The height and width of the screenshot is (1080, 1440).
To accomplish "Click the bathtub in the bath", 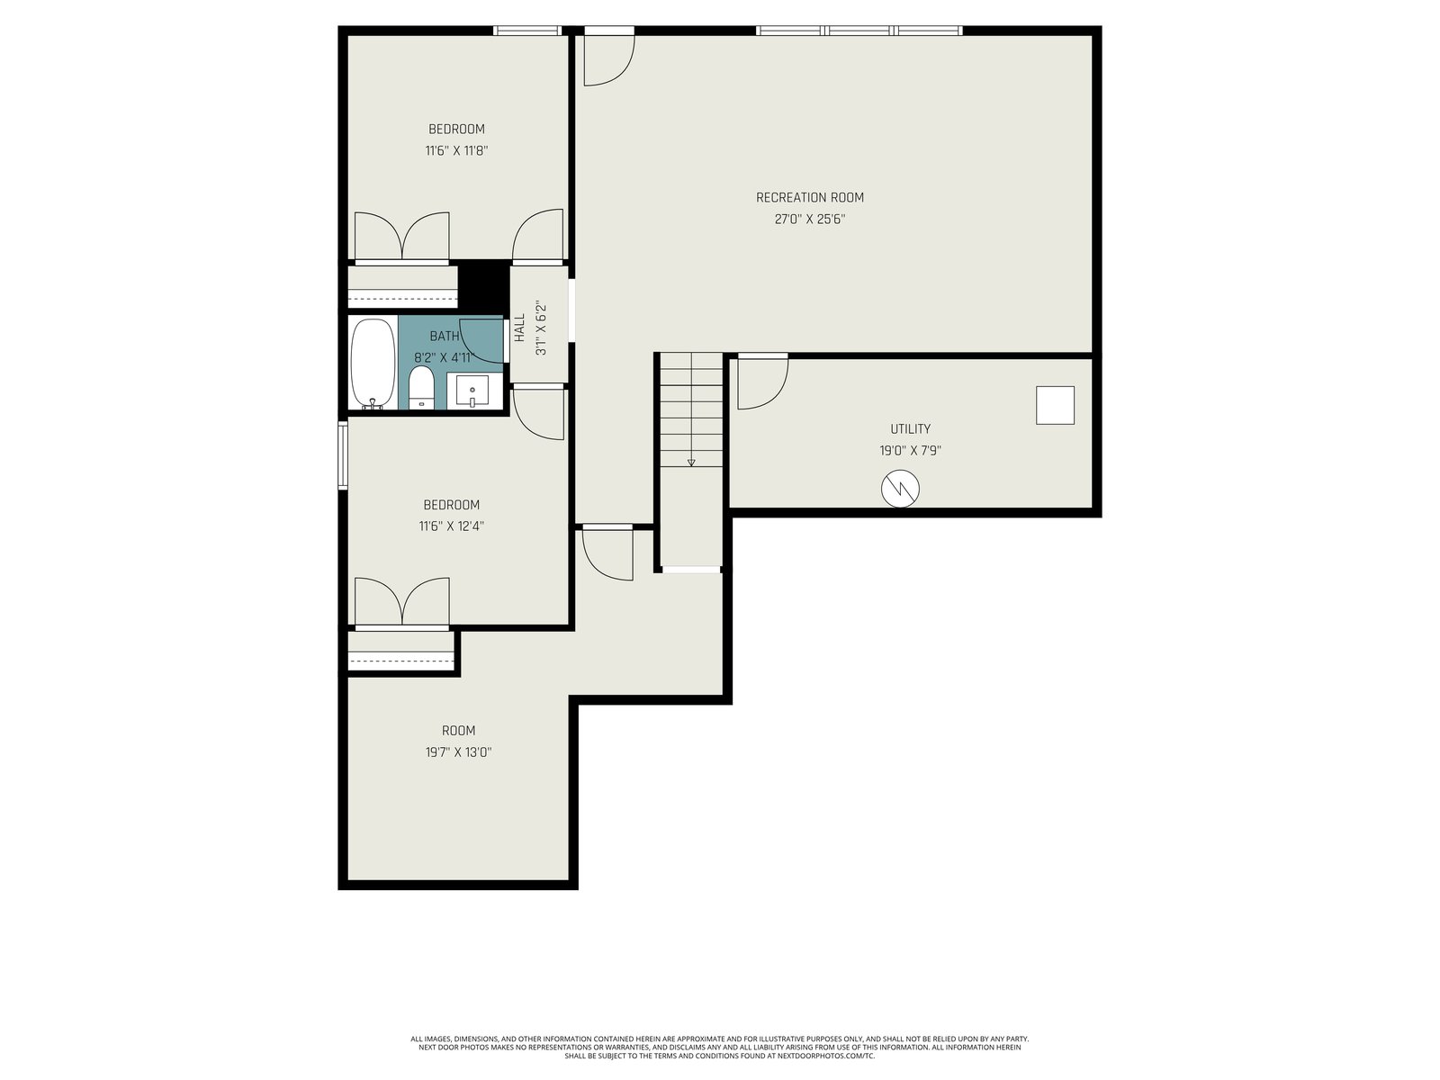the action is coord(373,364).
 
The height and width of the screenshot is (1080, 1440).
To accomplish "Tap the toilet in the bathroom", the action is coord(421,388).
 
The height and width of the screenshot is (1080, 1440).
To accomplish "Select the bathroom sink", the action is coord(472,391).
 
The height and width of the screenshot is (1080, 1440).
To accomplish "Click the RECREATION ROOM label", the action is coord(809,197).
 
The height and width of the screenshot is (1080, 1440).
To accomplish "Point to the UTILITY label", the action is coord(910,429).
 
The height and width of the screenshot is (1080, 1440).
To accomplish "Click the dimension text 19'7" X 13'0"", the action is coord(458,752).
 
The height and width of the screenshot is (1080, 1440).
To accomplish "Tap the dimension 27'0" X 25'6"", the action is coord(809,219).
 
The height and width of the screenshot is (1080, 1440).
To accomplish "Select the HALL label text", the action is coord(519,328).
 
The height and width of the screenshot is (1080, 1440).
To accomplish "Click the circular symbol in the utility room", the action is coord(899,489).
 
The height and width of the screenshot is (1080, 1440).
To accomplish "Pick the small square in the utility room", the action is coord(1055,405).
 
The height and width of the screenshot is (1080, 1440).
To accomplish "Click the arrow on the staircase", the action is coord(691,463).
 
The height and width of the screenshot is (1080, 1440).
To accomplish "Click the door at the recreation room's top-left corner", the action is coord(608,60).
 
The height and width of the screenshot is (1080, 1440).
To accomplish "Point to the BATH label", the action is coord(444,337).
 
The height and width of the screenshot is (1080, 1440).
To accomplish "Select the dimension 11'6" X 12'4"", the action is coord(452,526).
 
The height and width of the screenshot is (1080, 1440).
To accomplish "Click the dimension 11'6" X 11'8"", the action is coord(456,151).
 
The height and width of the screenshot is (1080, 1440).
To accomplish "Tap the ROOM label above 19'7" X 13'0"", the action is coord(458,731).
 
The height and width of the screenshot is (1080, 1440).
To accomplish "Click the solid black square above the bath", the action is coord(483,286).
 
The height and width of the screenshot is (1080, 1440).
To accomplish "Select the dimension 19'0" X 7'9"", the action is coord(910,451).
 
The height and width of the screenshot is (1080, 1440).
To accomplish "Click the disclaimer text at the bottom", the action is coord(720,1048).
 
